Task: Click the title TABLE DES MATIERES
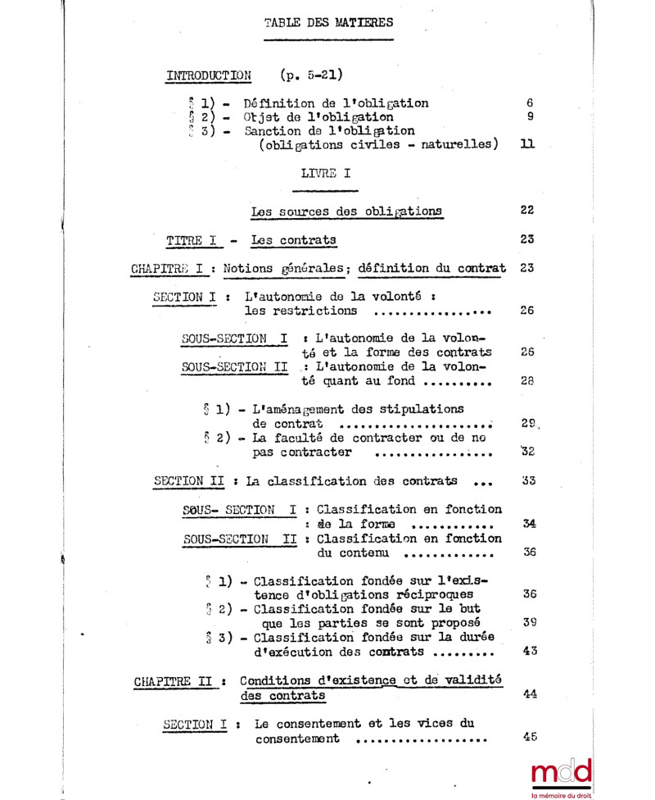point(328,22)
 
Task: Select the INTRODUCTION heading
point(209,75)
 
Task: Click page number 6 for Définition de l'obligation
point(530,104)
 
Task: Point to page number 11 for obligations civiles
point(528,145)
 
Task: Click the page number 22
point(528,210)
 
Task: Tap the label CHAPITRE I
point(171,268)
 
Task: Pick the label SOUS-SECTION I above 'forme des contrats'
point(235,337)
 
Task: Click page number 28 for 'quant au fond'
point(528,380)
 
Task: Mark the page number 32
point(528,452)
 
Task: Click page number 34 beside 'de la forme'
point(529,523)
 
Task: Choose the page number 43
point(529,651)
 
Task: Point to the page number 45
point(529,737)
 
